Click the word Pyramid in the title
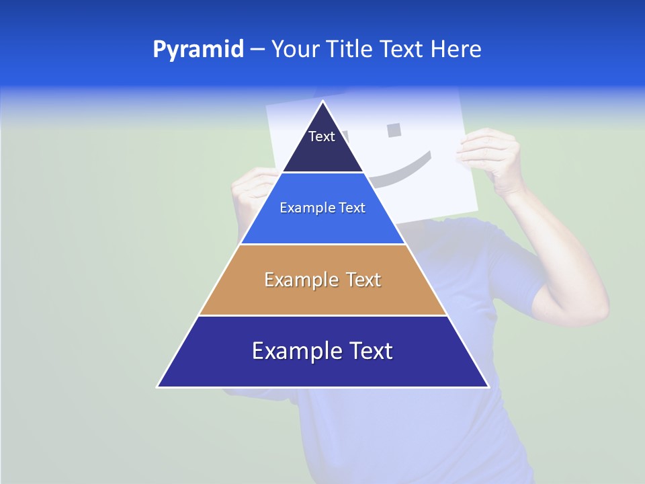coord(198,50)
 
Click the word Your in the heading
coord(296,50)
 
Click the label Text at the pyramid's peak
coord(322,136)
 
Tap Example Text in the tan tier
coord(322,280)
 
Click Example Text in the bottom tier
coord(322,351)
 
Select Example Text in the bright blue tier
coord(322,208)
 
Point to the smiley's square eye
coord(395,128)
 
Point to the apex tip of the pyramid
coord(323,102)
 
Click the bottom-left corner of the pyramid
coord(159,387)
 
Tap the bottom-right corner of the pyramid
coord(488,387)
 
